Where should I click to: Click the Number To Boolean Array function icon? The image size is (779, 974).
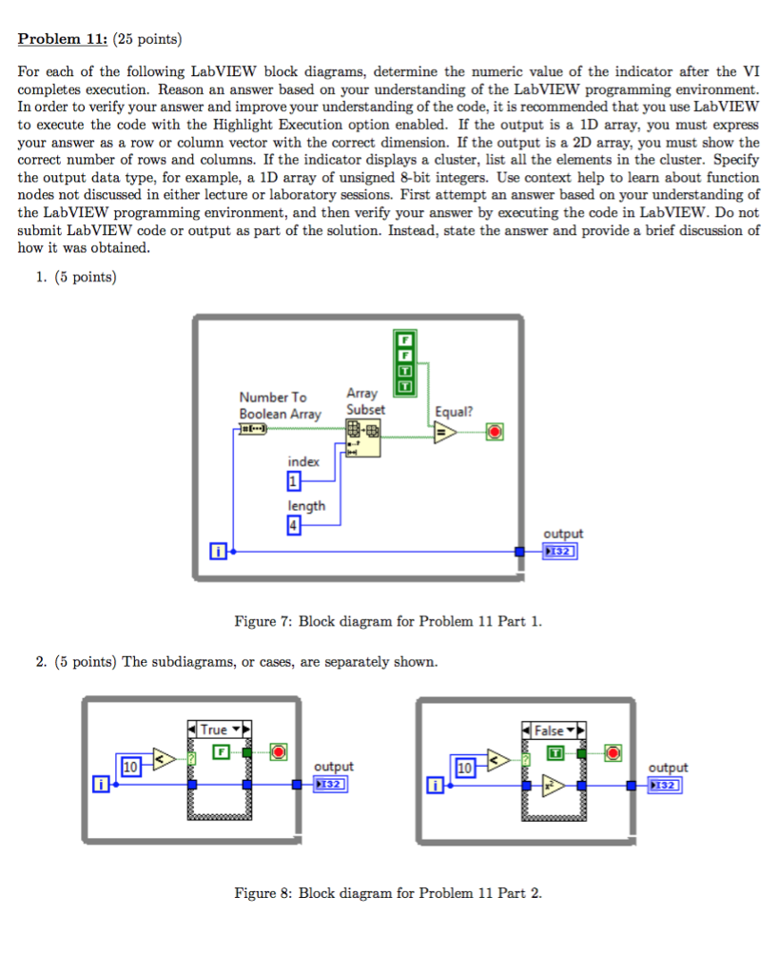253,430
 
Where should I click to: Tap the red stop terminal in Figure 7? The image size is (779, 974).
494,433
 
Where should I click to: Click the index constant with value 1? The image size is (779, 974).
294,481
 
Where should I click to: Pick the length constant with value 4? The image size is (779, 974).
294,526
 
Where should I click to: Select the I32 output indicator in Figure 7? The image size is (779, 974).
560,551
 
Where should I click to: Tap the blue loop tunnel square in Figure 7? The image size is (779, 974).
519,551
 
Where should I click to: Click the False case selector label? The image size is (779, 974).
549,730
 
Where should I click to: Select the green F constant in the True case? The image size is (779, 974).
221,752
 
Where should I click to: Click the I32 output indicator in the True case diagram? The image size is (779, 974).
332,785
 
